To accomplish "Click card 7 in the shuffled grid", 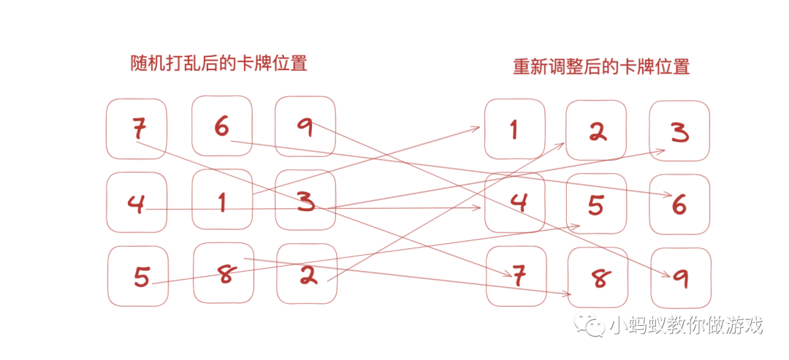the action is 137,129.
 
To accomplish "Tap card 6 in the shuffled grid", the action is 222,126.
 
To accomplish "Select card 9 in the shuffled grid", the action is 305,126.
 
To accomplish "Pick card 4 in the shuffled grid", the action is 137,203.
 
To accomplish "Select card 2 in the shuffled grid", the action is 307,273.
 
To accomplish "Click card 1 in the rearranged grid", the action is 514,129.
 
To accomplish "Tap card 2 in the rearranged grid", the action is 596,130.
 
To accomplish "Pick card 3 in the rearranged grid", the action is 679,131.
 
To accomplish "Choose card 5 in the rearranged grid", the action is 596,204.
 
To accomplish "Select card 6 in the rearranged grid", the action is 679,204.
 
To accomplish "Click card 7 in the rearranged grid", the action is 517,276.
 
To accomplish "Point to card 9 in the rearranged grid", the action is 680,277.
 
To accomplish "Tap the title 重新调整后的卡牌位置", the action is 601,67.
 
